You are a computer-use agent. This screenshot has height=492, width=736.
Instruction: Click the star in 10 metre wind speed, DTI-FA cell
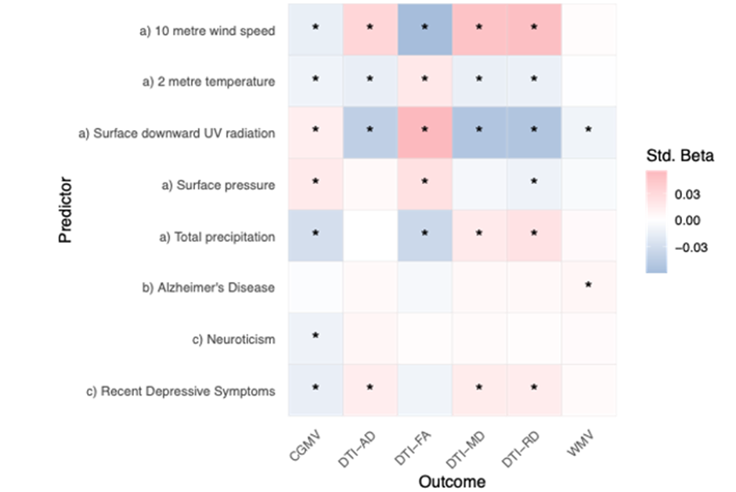pos(424,27)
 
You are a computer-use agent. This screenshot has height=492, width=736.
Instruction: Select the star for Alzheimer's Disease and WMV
pos(589,284)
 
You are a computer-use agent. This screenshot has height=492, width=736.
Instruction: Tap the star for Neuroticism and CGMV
pos(316,335)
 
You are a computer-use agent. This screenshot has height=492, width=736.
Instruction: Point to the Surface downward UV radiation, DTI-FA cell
pos(424,131)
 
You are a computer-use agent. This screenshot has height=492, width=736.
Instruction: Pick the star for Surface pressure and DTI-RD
pos(534,182)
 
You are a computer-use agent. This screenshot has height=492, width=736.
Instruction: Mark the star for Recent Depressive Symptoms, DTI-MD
pos(479,388)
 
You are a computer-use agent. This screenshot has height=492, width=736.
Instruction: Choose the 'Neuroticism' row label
pos(240,339)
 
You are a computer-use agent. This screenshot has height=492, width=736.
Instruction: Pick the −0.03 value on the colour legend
pos(693,248)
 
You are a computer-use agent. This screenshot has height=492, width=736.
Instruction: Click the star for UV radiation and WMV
pos(589,130)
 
